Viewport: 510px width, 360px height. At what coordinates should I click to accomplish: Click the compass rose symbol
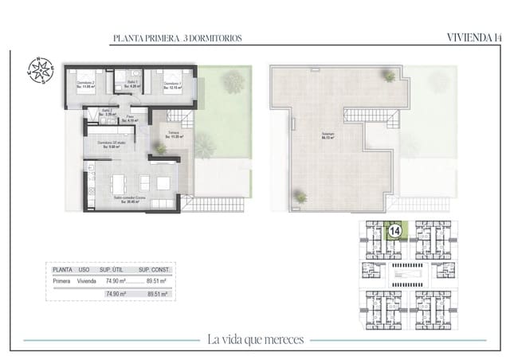tap(38, 69)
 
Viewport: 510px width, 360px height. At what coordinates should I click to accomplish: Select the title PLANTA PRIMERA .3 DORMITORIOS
tap(178, 37)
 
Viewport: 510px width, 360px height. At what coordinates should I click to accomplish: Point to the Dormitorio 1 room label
tap(173, 84)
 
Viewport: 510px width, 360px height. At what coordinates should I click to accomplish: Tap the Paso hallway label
tap(130, 119)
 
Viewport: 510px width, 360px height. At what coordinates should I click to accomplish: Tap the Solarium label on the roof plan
tap(328, 135)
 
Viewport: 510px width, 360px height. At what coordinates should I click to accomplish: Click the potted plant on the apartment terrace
tap(161, 148)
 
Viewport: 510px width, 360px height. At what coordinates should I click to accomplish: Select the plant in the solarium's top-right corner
tap(389, 76)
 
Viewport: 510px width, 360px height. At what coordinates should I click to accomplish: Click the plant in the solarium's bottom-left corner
tap(300, 196)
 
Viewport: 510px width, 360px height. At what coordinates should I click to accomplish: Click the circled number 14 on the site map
tap(393, 231)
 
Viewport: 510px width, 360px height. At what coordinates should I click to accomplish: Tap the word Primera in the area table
tap(61, 281)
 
